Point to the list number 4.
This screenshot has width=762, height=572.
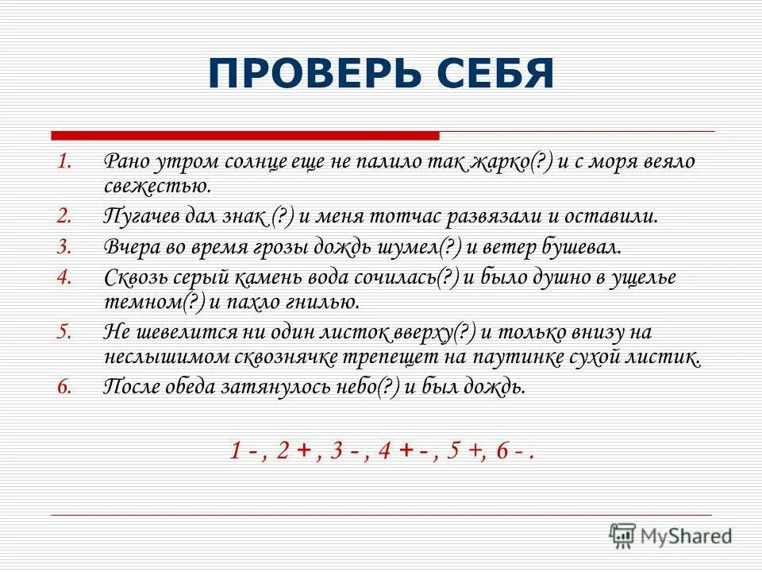click(x=65, y=277)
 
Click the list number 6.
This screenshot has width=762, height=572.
click(x=65, y=387)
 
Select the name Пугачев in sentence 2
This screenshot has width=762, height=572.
click(x=142, y=218)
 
